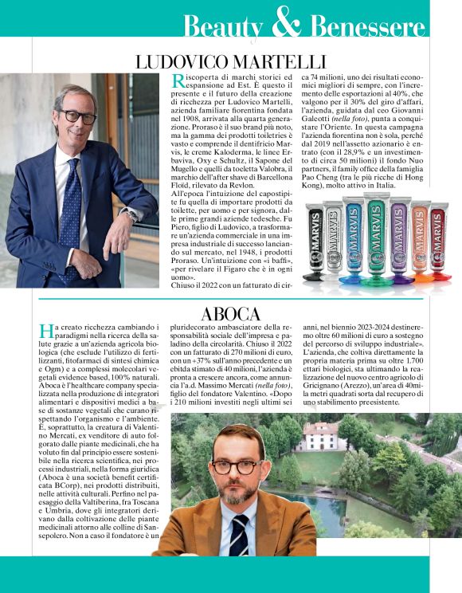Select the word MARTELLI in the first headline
pos(274,61)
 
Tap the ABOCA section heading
pos(231,312)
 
